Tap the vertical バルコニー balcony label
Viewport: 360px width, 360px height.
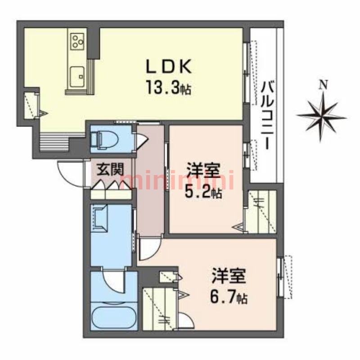click(267, 115)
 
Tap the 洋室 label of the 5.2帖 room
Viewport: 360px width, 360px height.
click(204, 172)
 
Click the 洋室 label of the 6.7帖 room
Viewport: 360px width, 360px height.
click(229, 276)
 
